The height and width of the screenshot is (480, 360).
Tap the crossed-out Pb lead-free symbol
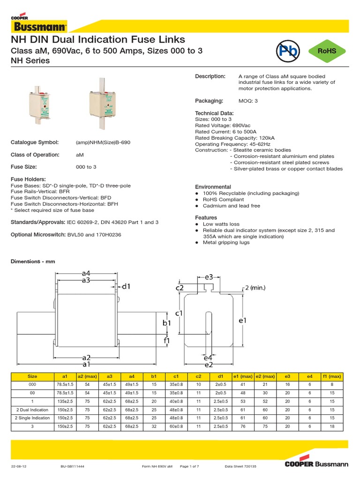tap(286, 52)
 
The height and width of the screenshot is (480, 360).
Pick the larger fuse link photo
tap(103, 107)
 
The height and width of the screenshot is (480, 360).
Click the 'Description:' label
tap(210, 76)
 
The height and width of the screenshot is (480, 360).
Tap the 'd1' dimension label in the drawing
tap(127, 286)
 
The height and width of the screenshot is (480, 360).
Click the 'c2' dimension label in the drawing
tap(180, 288)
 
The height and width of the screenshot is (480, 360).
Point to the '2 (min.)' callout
tap(258, 287)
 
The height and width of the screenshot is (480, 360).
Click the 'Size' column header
tap(33, 376)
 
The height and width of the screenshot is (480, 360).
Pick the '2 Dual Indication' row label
tap(33, 410)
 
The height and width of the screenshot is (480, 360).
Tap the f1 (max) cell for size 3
tap(332, 427)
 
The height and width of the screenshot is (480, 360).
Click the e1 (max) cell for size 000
tap(243, 384)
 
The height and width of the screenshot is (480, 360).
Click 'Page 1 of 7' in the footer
tap(190, 467)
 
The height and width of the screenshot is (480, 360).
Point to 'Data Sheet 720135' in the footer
tap(241, 467)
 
